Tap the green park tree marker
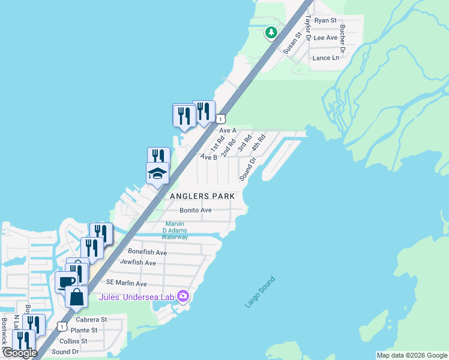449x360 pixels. (272, 32)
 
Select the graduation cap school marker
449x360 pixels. (157, 174)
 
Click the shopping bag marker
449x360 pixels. (77, 296)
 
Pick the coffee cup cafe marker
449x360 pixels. (67, 281)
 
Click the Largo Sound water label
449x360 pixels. (260, 292)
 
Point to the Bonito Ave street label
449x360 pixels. (196, 210)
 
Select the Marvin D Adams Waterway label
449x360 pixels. (176, 230)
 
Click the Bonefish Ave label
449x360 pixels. (147, 253)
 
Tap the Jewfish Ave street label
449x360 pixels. (137, 263)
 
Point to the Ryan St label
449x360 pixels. (326, 20)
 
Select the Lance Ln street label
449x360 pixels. (326, 58)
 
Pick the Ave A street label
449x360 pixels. (228, 130)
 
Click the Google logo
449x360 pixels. (20, 353)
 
